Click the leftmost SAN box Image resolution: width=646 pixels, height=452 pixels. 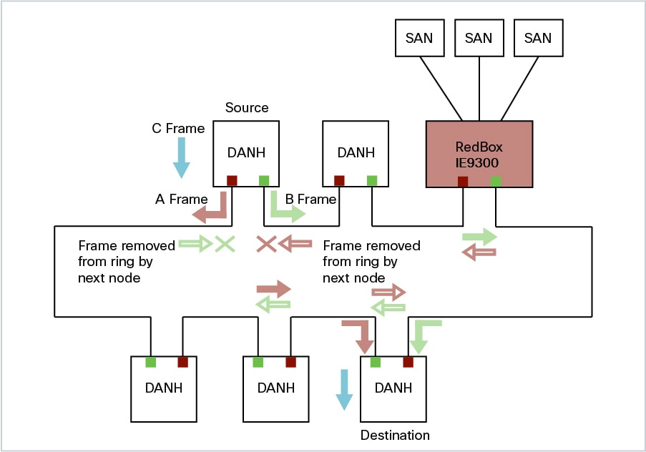click(x=419, y=38)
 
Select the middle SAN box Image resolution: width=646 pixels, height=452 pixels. click(x=479, y=38)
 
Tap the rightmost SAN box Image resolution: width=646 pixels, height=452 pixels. click(x=538, y=38)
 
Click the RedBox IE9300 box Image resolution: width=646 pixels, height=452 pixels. click(x=479, y=153)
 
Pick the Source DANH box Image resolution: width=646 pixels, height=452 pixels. click(x=246, y=152)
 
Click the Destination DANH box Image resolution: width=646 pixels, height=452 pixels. click(x=393, y=388)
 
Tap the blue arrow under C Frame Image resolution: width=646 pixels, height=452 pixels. click(x=181, y=157)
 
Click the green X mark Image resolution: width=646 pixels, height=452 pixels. click(x=225, y=244)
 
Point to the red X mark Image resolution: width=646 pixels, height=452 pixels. click(x=266, y=244)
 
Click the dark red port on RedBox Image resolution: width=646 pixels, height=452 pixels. click(x=463, y=181)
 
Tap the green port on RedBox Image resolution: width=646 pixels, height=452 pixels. click(x=496, y=181)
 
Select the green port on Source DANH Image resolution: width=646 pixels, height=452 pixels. click(x=264, y=180)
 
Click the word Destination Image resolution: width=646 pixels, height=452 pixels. click(x=395, y=435)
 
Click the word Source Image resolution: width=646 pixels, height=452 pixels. click(x=247, y=108)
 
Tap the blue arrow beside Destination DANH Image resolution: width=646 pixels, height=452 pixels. click(x=345, y=389)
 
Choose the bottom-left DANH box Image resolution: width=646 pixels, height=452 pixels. click(x=163, y=388)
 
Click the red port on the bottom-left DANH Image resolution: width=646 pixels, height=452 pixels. click(x=182, y=362)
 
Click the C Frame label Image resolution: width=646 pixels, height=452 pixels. click(x=178, y=129)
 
